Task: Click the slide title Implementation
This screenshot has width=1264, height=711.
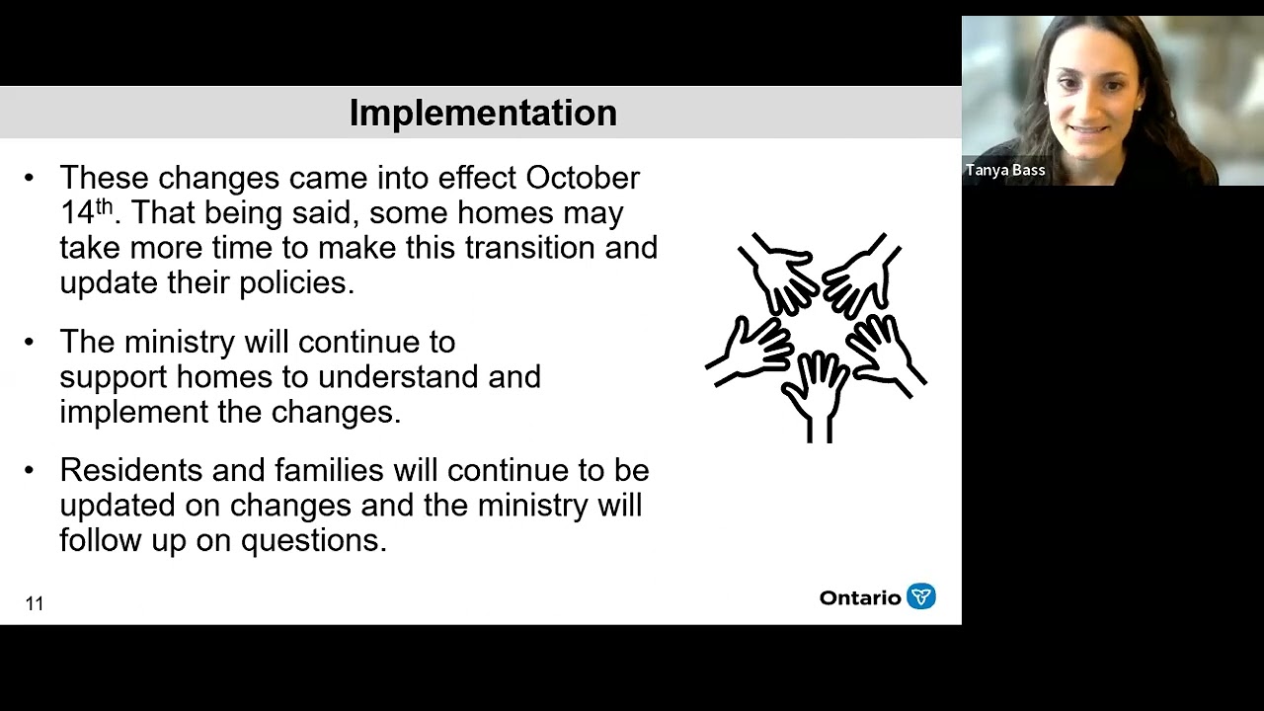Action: pos(483,113)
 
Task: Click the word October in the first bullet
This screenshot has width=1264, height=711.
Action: pos(583,178)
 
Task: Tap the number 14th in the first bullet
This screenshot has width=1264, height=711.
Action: pos(85,212)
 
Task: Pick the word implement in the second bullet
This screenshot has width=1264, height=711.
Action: pos(134,412)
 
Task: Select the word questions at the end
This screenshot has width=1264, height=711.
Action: pos(313,540)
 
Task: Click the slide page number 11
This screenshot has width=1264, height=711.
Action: pos(35,603)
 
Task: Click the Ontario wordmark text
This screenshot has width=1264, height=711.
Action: pos(859,597)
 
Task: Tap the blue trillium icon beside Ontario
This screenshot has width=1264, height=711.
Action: pos(920,596)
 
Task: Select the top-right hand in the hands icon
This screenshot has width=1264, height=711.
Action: pos(859,272)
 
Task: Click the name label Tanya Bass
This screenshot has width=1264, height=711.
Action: pos(1005,170)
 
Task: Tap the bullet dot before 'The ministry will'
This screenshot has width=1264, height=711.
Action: pos(29,342)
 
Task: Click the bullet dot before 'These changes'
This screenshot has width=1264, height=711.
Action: pos(29,178)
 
